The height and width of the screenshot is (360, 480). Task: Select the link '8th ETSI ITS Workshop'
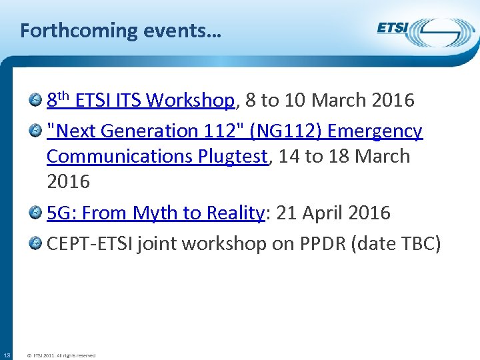pos(141,101)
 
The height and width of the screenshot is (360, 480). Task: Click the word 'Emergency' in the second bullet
pos(375,131)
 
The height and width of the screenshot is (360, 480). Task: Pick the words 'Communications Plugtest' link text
pos(157,157)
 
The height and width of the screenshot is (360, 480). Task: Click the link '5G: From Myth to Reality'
pos(156,213)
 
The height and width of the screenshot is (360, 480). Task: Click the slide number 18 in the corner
pos(7,355)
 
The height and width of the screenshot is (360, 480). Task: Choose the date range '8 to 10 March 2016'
pos(330,101)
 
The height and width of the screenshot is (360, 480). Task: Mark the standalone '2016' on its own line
pos(68,181)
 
